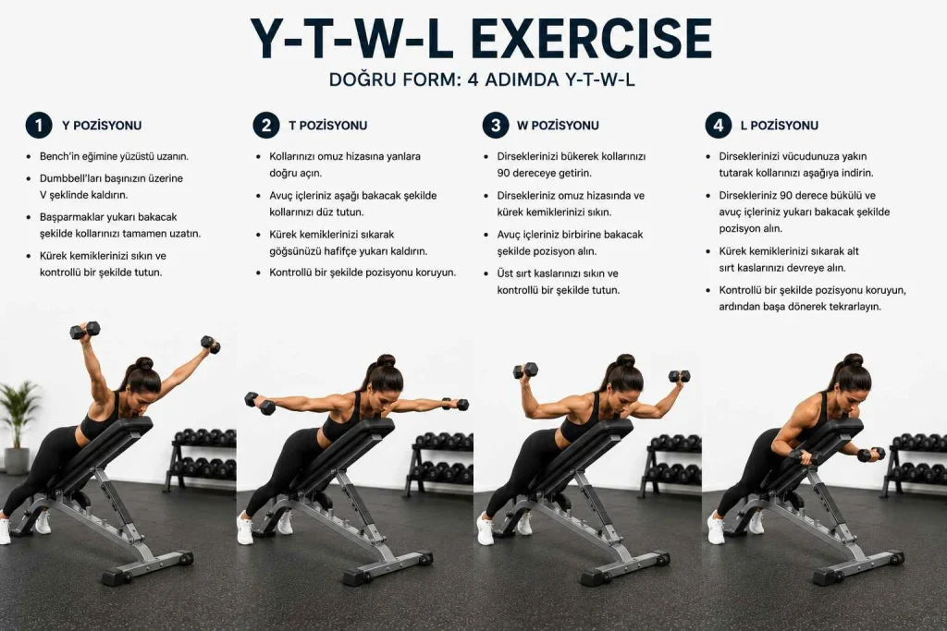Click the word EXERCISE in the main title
coord(590,39)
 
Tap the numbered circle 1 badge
coord(39,126)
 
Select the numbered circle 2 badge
coord(266,126)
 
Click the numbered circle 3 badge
coord(496,126)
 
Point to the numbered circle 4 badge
coord(718,126)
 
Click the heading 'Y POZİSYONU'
coord(102,126)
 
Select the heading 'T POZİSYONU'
coord(328,126)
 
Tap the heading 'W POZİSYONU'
coord(558,126)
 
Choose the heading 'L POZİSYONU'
coord(780,126)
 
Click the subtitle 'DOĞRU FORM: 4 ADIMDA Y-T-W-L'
coord(482,79)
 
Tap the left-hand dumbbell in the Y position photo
coord(84,330)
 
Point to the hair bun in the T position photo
coord(386,360)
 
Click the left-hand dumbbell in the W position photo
coord(525,370)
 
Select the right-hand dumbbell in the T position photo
coord(455,404)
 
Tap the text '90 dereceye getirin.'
coord(544,173)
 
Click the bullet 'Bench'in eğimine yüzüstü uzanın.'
coord(114,156)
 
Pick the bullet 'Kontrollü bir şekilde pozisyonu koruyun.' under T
coord(363,273)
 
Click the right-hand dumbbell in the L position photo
coord(870,455)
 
